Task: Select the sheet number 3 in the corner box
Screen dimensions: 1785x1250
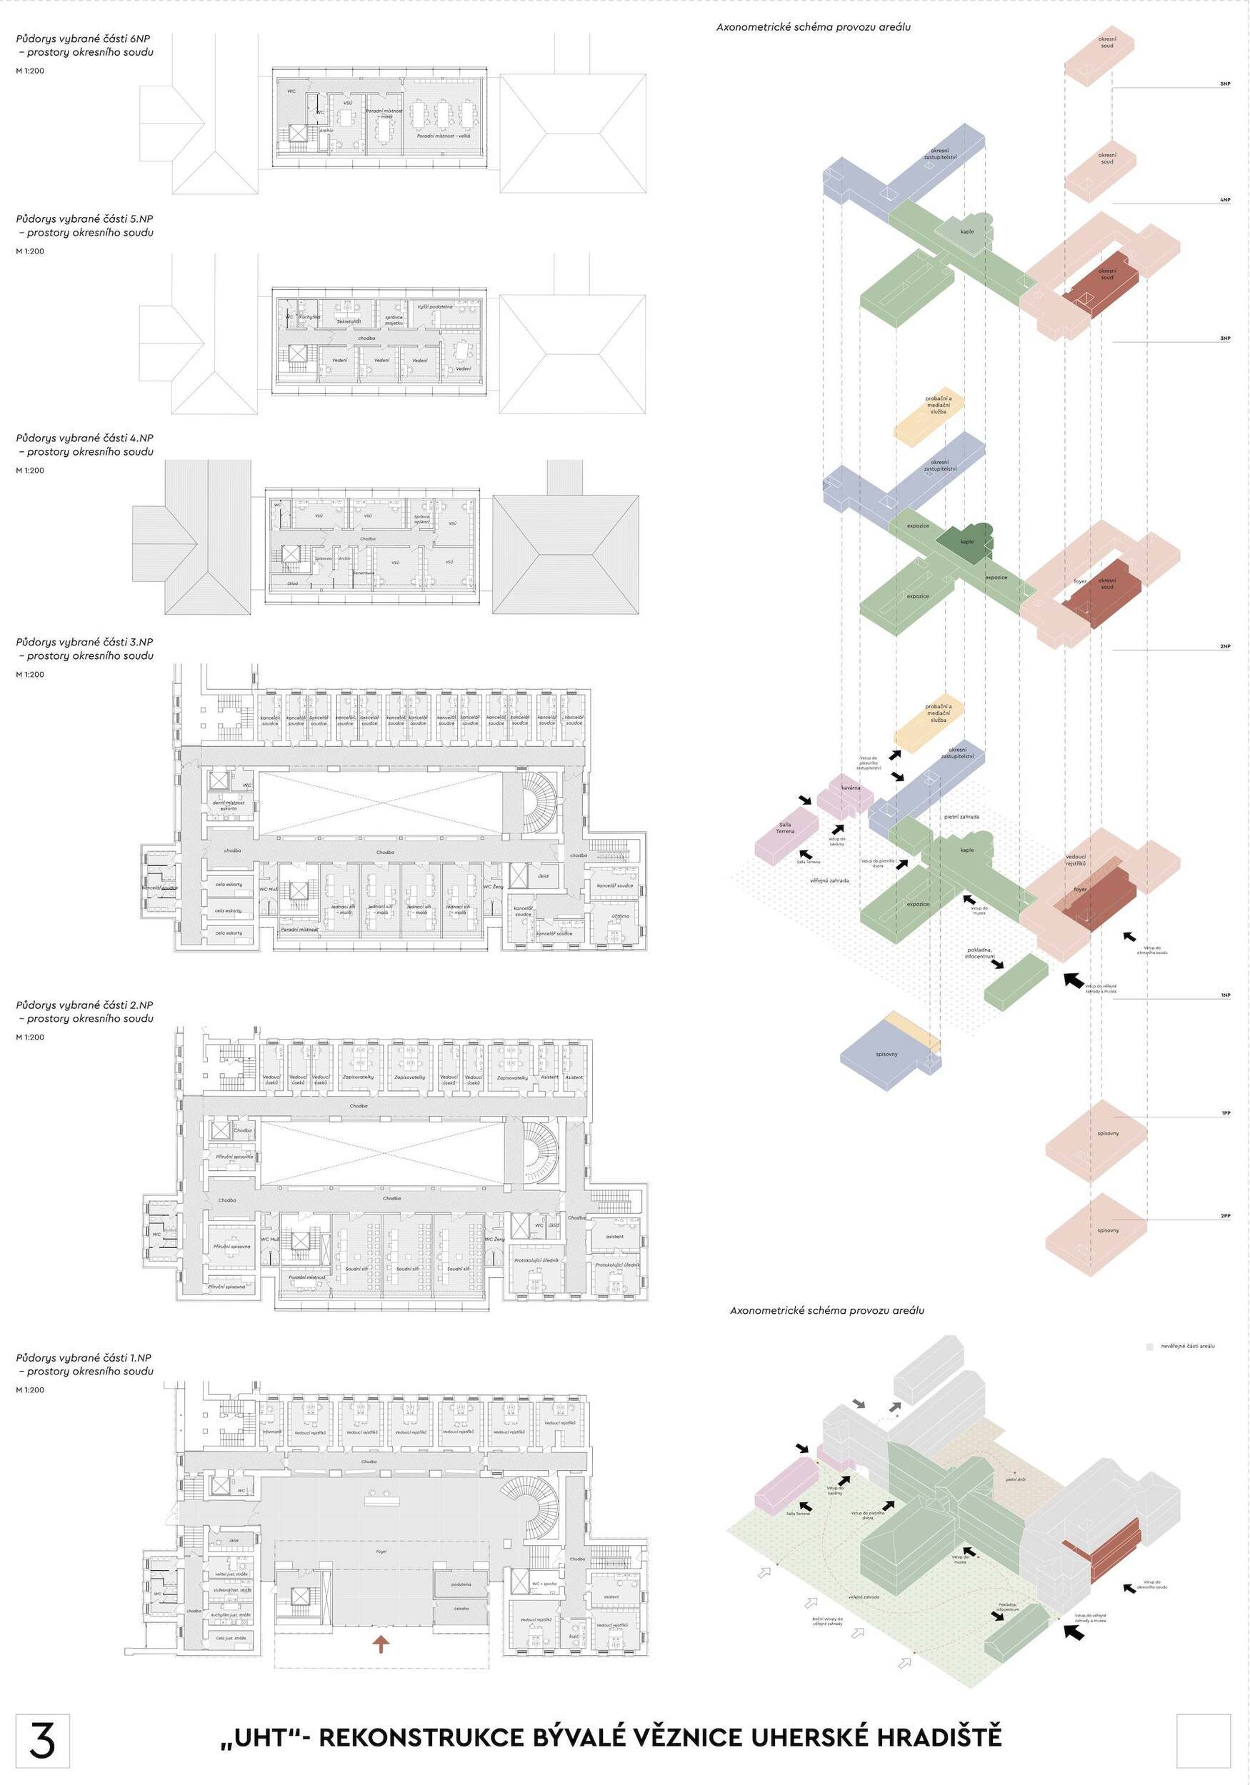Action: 42,1740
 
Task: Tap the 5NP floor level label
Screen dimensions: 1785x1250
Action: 1225,84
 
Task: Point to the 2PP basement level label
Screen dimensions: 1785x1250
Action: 1225,1216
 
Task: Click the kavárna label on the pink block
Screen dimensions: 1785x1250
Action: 850,788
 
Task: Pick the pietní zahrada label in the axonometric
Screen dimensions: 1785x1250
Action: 961,817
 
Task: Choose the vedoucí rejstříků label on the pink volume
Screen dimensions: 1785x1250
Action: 1076,860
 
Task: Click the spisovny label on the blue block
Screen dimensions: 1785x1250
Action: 886,1054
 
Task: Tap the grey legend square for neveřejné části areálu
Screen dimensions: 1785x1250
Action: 1150,1346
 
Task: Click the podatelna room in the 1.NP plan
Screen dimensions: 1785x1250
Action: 461,1584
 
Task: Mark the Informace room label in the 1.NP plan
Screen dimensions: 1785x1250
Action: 272,1432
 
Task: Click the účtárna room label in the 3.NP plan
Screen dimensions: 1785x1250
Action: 620,916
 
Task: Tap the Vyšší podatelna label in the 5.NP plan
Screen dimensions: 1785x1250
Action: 435,307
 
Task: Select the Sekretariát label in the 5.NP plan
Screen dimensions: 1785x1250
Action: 349,321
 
